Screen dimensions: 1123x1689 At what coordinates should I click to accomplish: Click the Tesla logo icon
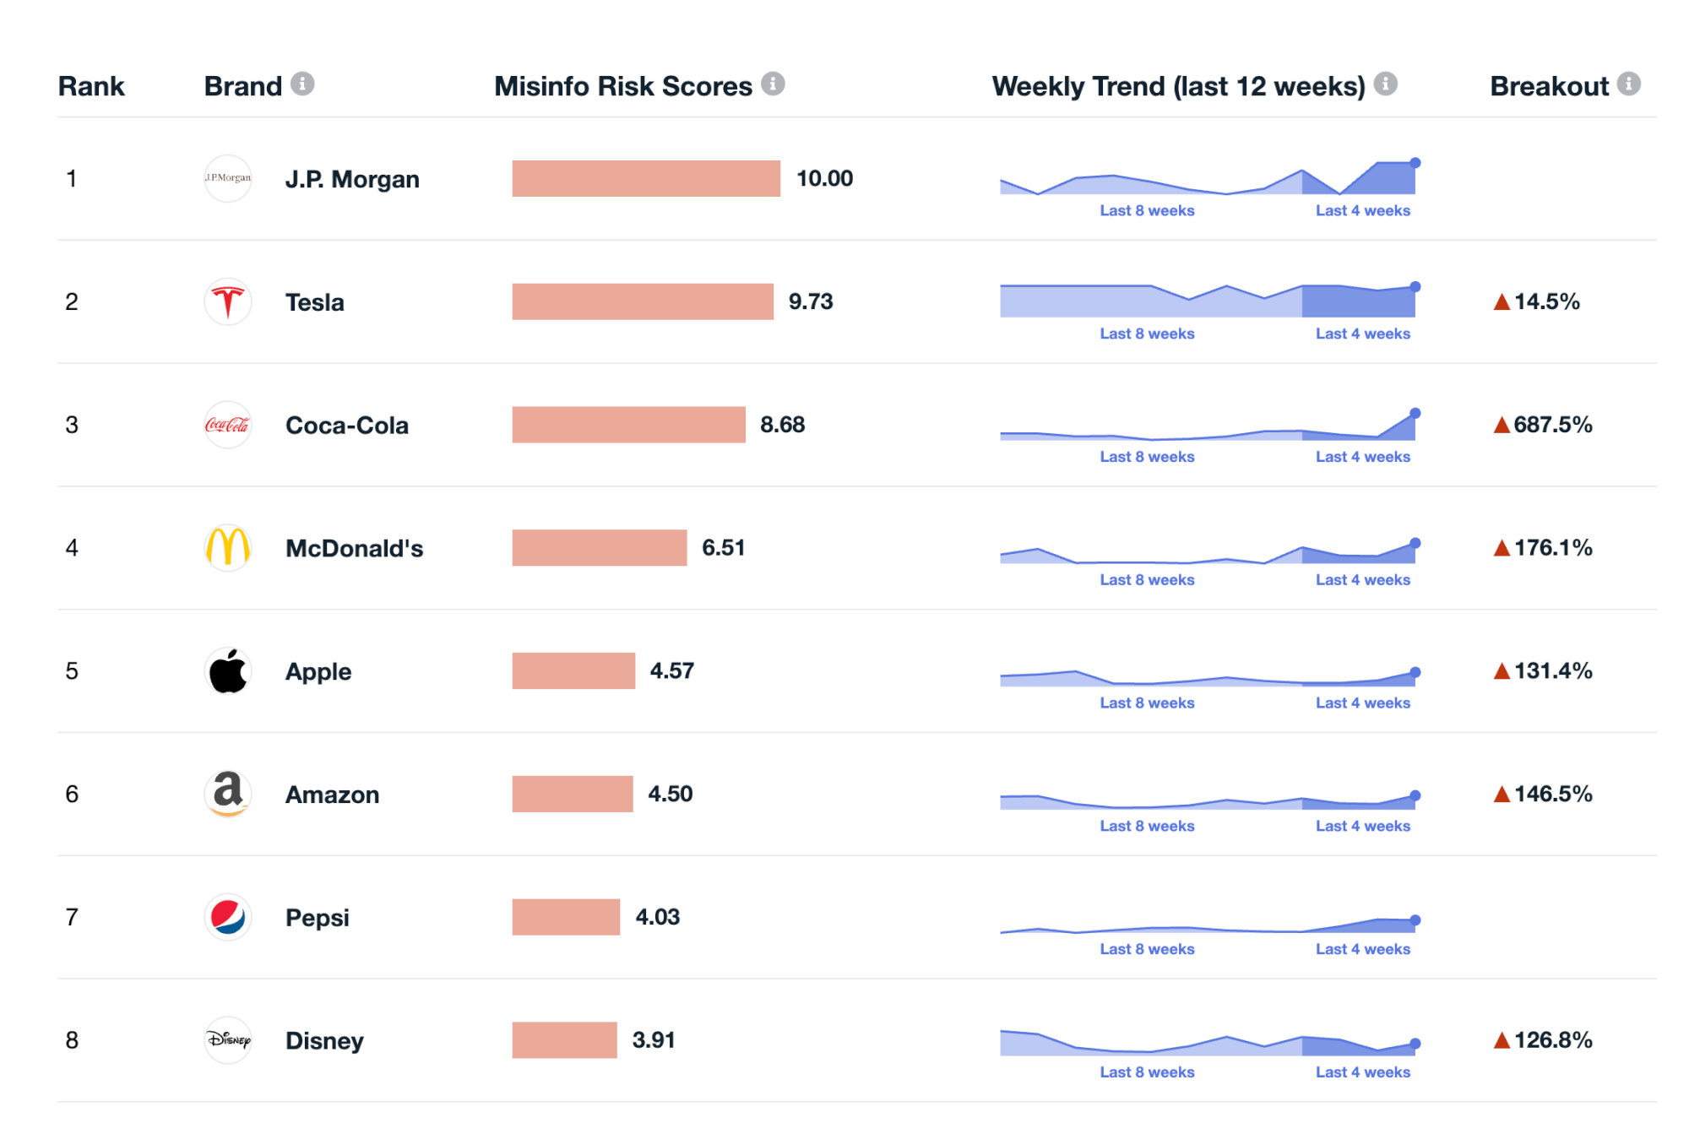tap(228, 301)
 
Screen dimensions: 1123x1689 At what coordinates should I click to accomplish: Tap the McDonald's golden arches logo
tap(228, 547)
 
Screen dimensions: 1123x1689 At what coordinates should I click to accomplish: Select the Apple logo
tap(228, 671)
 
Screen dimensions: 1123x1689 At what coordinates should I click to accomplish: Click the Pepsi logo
tap(228, 917)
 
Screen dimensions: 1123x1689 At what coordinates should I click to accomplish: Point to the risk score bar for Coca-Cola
tap(628, 425)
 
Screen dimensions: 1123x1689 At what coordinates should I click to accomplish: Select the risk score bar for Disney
tap(564, 1039)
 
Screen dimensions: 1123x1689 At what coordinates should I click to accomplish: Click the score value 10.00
tap(824, 179)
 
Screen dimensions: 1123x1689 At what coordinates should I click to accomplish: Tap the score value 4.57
tap(671, 671)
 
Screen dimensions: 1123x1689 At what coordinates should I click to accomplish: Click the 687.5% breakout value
tap(1552, 425)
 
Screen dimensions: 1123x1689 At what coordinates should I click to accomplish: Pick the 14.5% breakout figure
tap(1546, 301)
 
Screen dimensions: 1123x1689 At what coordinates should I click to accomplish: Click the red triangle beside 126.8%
tap(1502, 1040)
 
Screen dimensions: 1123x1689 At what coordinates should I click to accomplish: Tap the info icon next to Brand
tap(302, 84)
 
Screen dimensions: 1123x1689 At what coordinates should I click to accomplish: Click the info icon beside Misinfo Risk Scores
tap(773, 84)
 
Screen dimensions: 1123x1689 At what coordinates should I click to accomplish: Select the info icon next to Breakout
tap(1629, 84)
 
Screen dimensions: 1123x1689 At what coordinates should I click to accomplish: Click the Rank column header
tap(91, 86)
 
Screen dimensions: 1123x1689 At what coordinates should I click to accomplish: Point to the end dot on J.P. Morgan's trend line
tap(1415, 162)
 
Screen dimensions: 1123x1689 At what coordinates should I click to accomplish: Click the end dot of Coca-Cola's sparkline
tap(1415, 413)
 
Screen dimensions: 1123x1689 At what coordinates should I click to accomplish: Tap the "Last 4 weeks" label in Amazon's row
tap(1362, 826)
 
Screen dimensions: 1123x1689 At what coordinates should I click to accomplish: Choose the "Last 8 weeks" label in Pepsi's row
tap(1147, 949)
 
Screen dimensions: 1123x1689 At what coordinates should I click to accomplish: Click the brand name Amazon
tap(332, 795)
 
